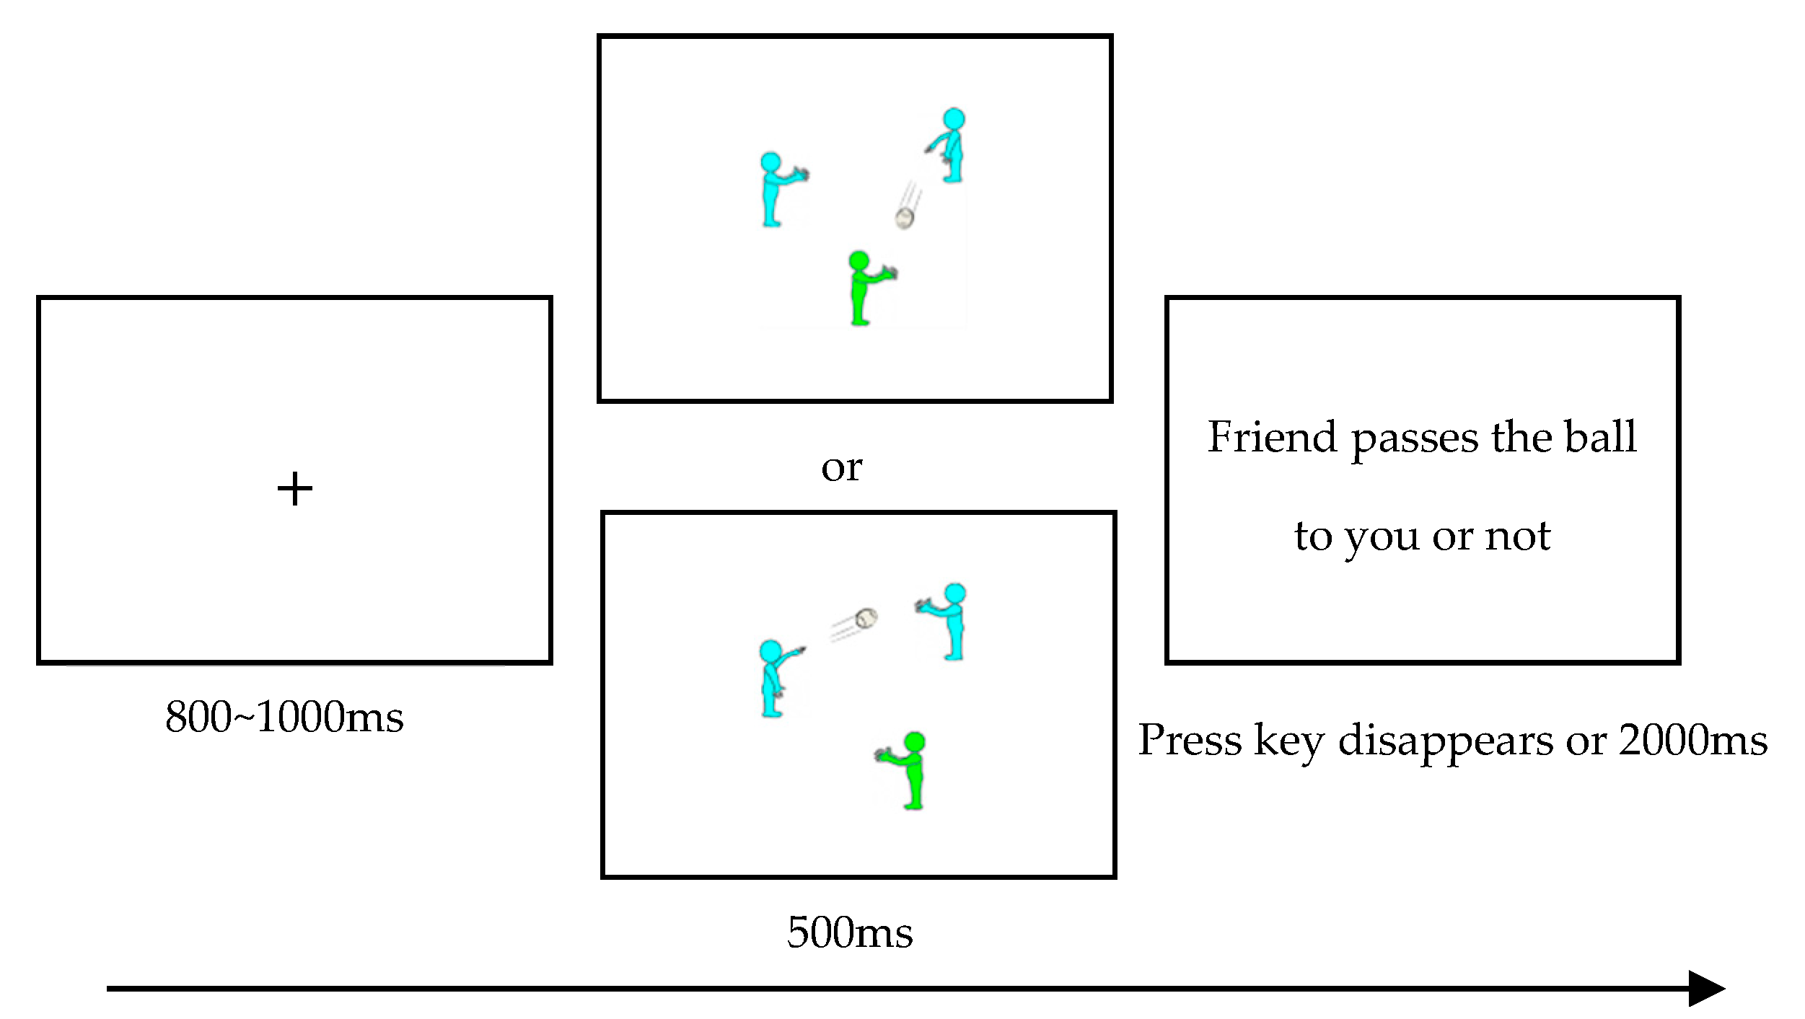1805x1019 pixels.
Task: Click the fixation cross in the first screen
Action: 294,490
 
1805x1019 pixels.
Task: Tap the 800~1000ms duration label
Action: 284,717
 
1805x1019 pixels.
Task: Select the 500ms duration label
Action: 850,932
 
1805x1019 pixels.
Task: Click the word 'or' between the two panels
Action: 841,468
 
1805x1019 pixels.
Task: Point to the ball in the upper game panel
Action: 905,217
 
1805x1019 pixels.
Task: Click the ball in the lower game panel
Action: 866,618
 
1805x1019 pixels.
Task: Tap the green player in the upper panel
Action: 862,288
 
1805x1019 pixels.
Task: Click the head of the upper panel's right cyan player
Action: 954,119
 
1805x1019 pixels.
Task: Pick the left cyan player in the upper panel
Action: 775,190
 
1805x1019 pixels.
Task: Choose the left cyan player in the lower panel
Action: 773,678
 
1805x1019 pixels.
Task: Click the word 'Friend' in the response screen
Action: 1272,437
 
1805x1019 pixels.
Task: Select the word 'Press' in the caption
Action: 1190,740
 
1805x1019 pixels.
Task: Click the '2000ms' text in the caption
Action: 1692,740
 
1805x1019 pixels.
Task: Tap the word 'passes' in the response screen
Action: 1414,438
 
